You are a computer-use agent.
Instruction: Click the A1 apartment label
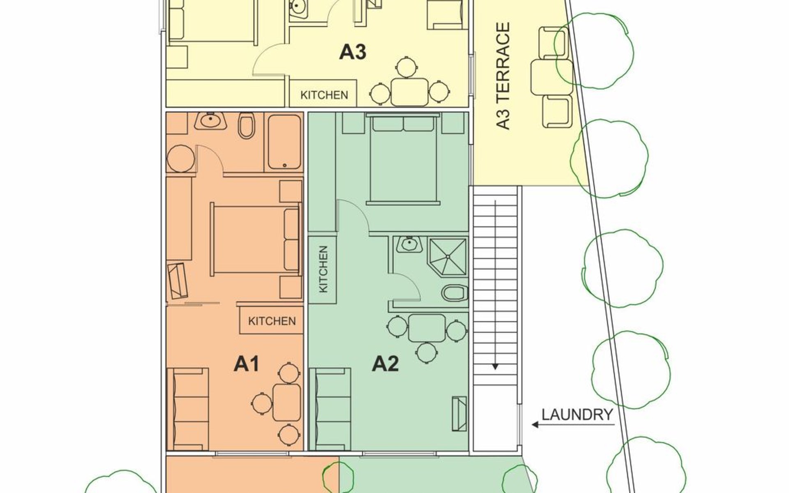coord(247,364)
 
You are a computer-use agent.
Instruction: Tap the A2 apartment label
coord(385,364)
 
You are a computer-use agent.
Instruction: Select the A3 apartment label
coord(353,53)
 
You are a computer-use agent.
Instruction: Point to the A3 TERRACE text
coord(503,76)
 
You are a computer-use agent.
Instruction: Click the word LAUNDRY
coord(577,415)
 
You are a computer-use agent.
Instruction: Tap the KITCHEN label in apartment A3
coord(324,95)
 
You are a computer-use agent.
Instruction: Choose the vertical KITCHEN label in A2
coord(323,269)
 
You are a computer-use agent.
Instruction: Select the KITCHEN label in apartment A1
coord(272,320)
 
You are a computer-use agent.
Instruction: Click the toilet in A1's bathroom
coord(247,126)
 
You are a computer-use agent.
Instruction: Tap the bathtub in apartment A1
coord(284,142)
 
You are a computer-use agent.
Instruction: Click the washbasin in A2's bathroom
coord(409,245)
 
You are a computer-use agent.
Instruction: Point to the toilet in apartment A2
coord(455,293)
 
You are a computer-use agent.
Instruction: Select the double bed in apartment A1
coord(255,239)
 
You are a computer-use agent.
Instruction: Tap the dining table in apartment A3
coord(410,92)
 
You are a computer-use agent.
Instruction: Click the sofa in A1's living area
coord(187,409)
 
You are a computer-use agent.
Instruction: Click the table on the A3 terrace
coord(551,76)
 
